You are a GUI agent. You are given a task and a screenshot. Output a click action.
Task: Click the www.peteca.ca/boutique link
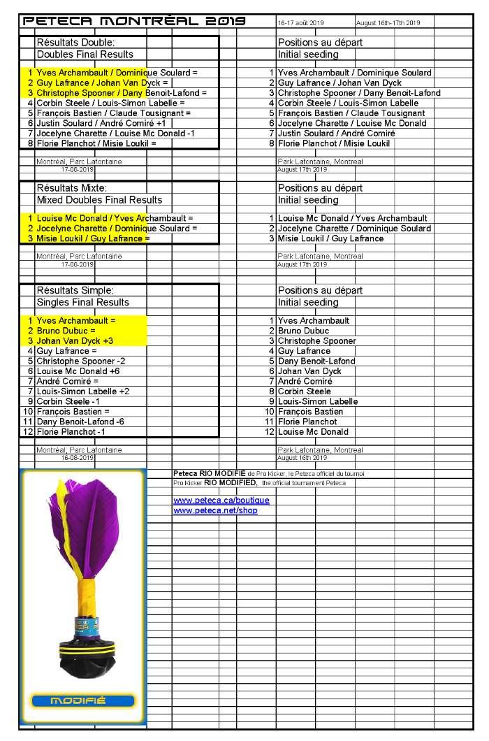(x=221, y=501)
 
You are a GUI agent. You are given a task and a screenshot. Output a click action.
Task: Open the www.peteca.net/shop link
(x=215, y=510)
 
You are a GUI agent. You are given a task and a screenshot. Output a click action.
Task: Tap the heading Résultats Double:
(x=76, y=43)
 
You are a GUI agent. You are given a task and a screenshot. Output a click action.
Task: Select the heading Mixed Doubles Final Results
(x=99, y=200)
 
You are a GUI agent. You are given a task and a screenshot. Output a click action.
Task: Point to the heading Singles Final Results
(x=82, y=302)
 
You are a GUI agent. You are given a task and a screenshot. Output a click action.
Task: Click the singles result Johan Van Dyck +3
(x=75, y=340)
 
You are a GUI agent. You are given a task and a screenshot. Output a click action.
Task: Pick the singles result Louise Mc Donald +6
(x=78, y=371)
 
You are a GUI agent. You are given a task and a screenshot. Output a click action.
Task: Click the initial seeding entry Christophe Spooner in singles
(x=316, y=340)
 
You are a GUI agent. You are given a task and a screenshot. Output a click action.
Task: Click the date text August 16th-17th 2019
(x=388, y=23)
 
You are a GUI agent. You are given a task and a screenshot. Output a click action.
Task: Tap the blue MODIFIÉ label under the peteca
(x=82, y=701)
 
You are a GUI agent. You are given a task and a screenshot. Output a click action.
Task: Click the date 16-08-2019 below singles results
(x=77, y=459)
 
